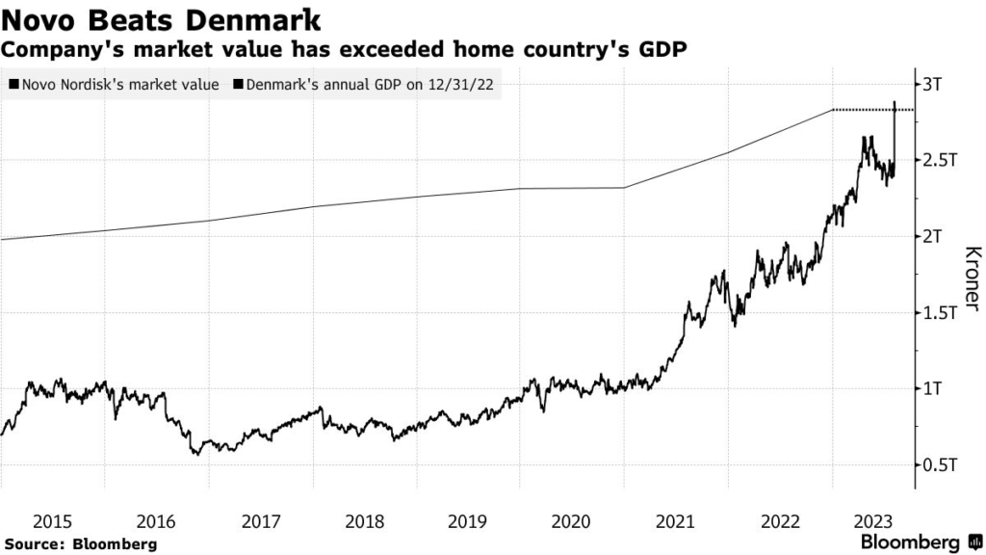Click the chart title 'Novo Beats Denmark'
tap(162, 18)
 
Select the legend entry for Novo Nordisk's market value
tap(114, 85)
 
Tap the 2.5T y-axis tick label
tap(940, 160)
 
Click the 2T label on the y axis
tap(934, 236)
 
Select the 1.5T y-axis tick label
tap(940, 312)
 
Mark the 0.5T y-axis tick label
tap(940, 464)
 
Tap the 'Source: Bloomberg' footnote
tap(80, 544)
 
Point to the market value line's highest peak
tap(895, 102)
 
